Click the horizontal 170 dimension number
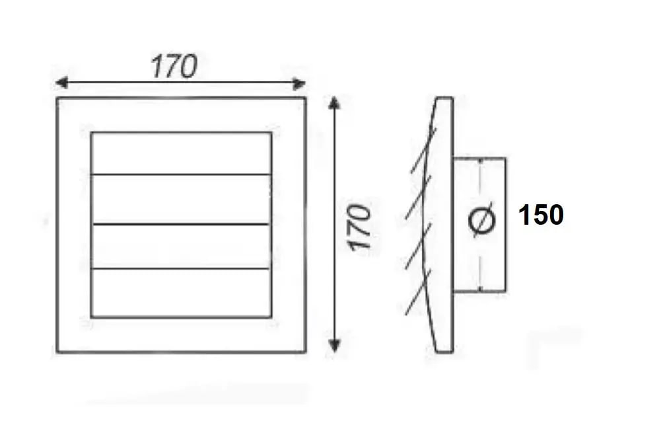tap(174, 66)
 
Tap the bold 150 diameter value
tap(541, 215)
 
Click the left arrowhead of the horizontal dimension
tap(61, 83)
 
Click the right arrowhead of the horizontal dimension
tap(299, 84)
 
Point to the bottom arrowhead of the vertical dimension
tap(334, 345)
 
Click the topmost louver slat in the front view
tap(181, 153)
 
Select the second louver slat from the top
tap(181, 200)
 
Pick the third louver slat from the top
tap(181, 247)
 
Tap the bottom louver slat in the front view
tap(181, 293)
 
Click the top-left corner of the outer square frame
tap(57, 98)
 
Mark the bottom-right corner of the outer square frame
tap(306, 352)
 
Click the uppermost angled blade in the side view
tap(424, 150)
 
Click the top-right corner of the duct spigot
tap(505, 158)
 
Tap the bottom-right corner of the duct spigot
tap(505, 291)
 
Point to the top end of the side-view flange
tap(444, 98)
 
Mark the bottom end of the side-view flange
tap(444, 352)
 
